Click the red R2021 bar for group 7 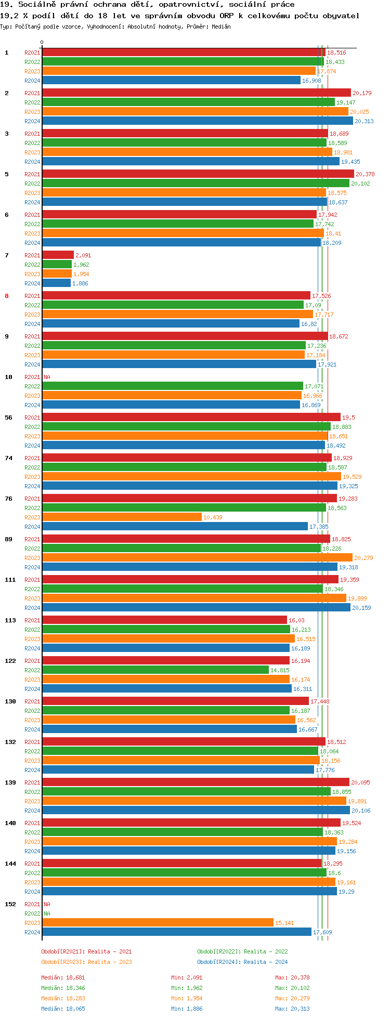pyautogui.click(x=58, y=255)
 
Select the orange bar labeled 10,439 pyautogui.click(x=122, y=517)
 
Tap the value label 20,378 pyautogui.click(x=365, y=174)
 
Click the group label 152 pyautogui.click(x=10, y=904)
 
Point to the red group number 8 pyautogui.click(x=7, y=296)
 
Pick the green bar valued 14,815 pyautogui.click(x=155, y=670)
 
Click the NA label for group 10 pyautogui.click(x=47, y=377)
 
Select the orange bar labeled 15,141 pyautogui.click(x=158, y=922)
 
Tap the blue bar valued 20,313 pyautogui.click(x=198, y=121)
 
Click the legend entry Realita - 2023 pyautogui.click(x=86, y=962)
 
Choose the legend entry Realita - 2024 pyautogui.click(x=242, y=962)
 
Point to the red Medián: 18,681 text pyautogui.click(x=63, y=977)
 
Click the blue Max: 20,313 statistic pyautogui.click(x=292, y=1009)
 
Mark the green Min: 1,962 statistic pyautogui.click(x=187, y=988)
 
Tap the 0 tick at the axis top pyautogui.click(x=42, y=43)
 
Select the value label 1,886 pyautogui.click(x=80, y=283)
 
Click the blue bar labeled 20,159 pyautogui.click(x=196, y=607)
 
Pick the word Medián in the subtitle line pyautogui.click(x=221, y=27)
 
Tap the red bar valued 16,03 pyautogui.click(x=164, y=620)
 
